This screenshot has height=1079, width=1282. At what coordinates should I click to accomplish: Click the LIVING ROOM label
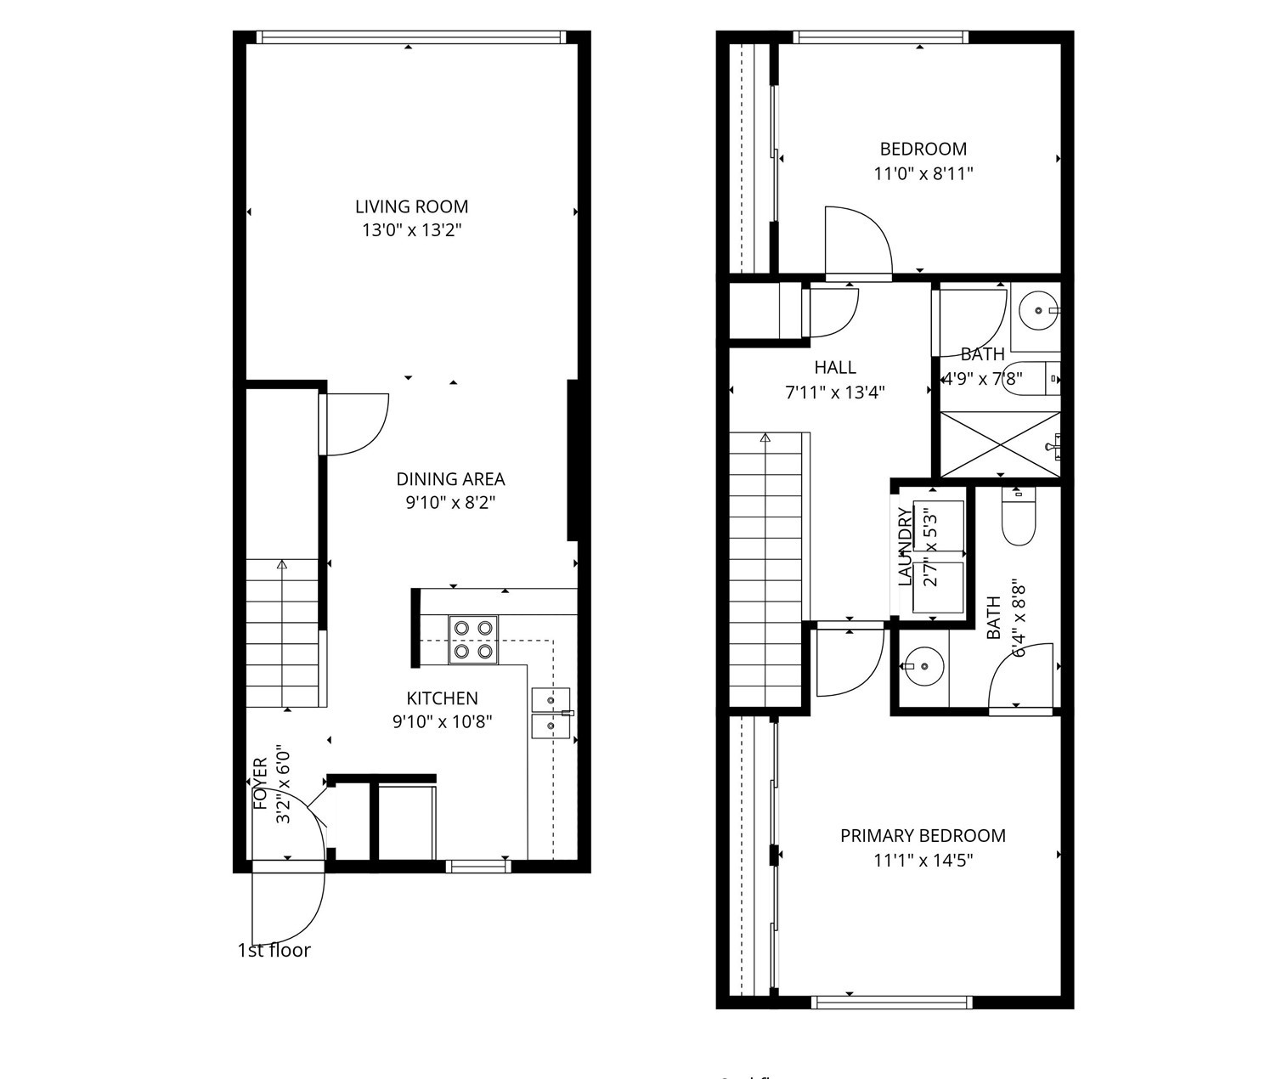point(411,206)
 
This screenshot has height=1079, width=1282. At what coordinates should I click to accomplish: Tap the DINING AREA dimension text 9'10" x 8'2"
point(450,503)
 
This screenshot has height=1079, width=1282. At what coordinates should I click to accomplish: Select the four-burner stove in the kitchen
point(473,640)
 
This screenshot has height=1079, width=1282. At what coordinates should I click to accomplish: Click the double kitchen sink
point(551,714)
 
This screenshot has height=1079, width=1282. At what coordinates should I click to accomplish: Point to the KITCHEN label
point(442,698)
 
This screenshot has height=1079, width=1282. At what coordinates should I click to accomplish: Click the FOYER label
point(261,783)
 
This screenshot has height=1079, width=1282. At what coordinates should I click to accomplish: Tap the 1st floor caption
point(274,951)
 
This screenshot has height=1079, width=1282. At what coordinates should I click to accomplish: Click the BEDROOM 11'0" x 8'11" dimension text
point(923,174)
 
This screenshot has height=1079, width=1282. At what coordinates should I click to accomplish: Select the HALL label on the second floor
point(835,368)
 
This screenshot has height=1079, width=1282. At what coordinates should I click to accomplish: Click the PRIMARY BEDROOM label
point(923,836)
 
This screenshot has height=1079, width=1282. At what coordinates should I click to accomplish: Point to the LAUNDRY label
point(905,546)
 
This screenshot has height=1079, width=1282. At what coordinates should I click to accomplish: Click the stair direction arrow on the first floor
point(282,564)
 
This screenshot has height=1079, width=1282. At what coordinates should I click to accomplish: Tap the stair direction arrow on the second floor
point(765,439)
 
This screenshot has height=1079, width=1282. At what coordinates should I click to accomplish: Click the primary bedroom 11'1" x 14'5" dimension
point(923,861)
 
